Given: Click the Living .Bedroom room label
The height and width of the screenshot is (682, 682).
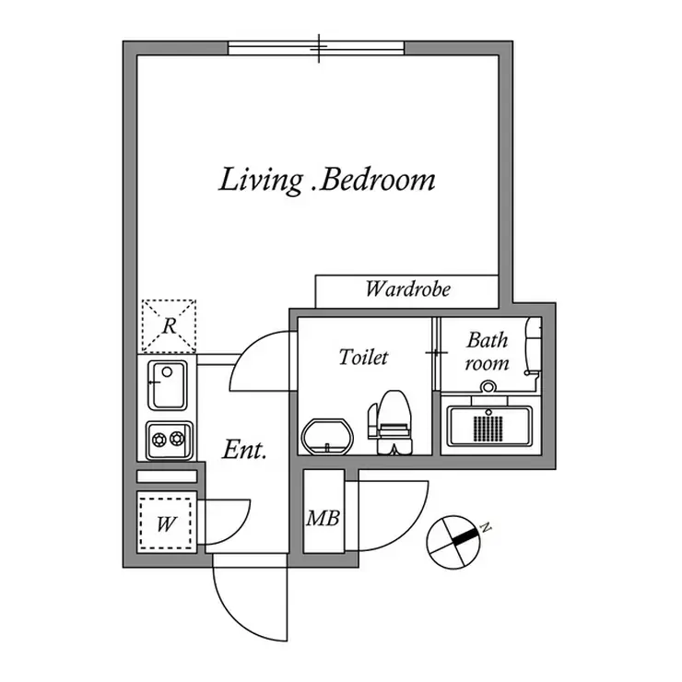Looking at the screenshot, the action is pyautogui.click(x=326, y=181).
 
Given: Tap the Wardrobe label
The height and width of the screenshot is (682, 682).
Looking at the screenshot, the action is pyautogui.click(x=408, y=288).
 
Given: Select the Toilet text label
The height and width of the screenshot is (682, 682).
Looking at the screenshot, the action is pyautogui.click(x=363, y=357).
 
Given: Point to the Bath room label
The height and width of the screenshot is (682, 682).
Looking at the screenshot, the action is pyautogui.click(x=488, y=351).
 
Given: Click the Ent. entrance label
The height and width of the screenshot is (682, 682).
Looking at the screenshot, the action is pyautogui.click(x=244, y=450).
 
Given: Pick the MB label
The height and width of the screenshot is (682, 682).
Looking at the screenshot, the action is pyautogui.click(x=323, y=518).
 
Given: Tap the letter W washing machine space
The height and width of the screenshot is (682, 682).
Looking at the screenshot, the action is pyautogui.click(x=166, y=523).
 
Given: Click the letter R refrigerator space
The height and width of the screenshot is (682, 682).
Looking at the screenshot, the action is pyautogui.click(x=169, y=325).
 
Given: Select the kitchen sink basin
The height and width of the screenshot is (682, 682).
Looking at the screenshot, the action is pyautogui.click(x=168, y=386).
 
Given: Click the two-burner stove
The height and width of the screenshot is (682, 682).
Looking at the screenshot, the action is pyautogui.click(x=170, y=441).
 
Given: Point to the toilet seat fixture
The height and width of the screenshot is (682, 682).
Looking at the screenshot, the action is pyautogui.click(x=390, y=422).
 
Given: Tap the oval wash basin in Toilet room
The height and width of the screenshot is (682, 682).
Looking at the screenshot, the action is pyautogui.click(x=327, y=437).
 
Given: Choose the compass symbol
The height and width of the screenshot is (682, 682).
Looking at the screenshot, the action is pyautogui.click(x=453, y=543).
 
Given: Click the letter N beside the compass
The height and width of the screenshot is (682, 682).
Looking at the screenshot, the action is pyautogui.click(x=486, y=528).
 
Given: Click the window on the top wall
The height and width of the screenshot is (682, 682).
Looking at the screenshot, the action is pyautogui.click(x=317, y=48).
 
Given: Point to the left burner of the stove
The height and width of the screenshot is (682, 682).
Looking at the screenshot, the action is pyautogui.click(x=159, y=440).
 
